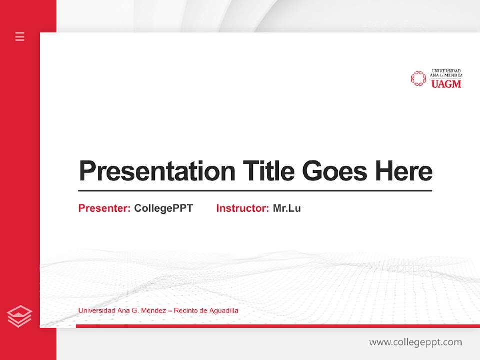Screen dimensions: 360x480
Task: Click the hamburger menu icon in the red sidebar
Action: coord(20,36)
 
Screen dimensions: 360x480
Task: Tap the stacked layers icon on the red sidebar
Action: coord(19,316)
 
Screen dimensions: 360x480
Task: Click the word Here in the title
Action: coord(404,171)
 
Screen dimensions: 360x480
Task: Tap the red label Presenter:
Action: coord(104,208)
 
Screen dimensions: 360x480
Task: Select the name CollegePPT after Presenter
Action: coord(163,208)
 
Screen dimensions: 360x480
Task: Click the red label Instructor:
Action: coord(242,208)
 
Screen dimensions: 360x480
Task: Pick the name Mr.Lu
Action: coord(287,208)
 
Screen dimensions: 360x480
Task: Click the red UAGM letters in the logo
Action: coord(446,84)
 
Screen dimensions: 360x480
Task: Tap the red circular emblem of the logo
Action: coord(418,78)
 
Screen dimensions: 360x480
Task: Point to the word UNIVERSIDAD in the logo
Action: coord(446,71)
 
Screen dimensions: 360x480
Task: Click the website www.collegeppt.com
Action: coord(415,342)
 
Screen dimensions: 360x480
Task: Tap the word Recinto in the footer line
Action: coord(185,311)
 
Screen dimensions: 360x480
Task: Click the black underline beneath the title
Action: coord(255,190)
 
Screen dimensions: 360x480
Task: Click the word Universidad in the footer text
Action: coord(97,311)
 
